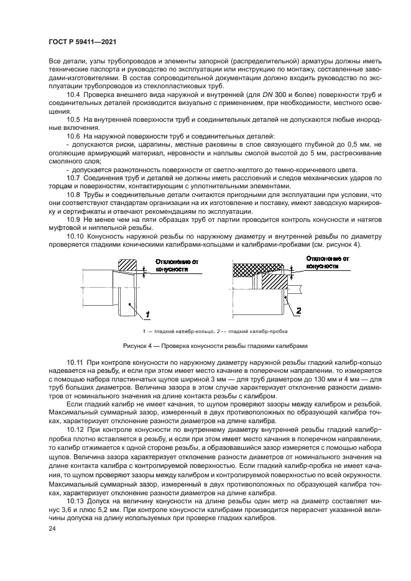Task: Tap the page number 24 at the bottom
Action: [x=52, y=528]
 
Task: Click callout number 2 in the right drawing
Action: [x=298, y=310]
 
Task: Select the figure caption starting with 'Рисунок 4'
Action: [x=205, y=345]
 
